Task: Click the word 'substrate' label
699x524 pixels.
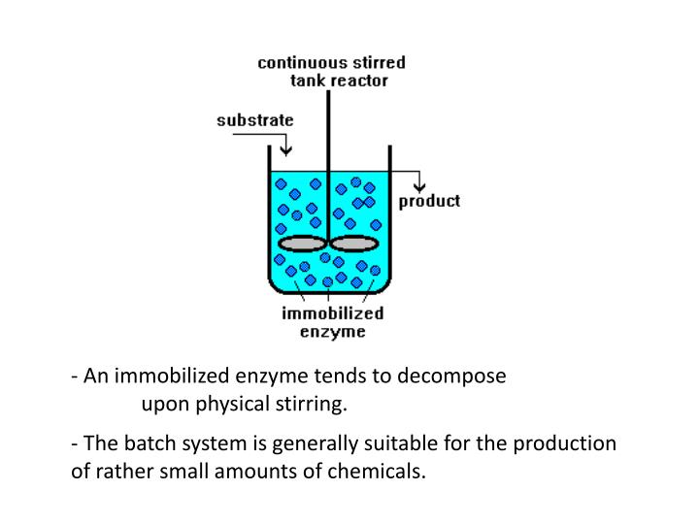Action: click(253, 121)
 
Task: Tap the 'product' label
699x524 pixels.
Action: click(430, 202)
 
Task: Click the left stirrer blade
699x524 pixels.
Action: click(302, 243)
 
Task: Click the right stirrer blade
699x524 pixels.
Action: click(354, 243)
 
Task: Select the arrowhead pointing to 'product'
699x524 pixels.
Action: click(418, 186)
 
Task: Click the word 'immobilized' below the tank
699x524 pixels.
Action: click(332, 313)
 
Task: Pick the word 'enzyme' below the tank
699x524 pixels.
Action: click(332, 331)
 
